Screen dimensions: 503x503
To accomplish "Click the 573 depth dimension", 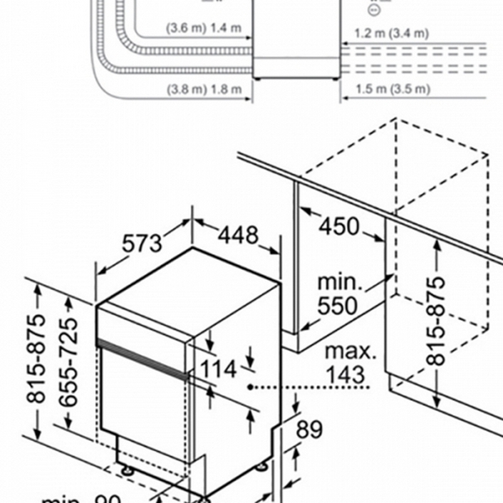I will click(x=142, y=244).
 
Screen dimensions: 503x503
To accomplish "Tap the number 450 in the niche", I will click(x=338, y=226).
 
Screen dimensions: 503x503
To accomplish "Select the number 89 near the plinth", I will click(x=309, y=430).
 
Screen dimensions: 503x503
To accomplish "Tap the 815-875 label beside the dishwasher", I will click(x=36, y=359).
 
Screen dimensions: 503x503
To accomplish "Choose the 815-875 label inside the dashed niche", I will click(x=436, y=319).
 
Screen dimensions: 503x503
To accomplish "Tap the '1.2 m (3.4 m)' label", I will click(x=391, y=34).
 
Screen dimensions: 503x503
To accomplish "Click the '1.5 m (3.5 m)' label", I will click(x=391, y=89).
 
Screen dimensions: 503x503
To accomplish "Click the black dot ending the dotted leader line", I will click(x=251, y=388).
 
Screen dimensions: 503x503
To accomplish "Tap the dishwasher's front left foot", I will click(x=127, y=470).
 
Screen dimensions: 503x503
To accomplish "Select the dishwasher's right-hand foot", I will click(x=262, y=465).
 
